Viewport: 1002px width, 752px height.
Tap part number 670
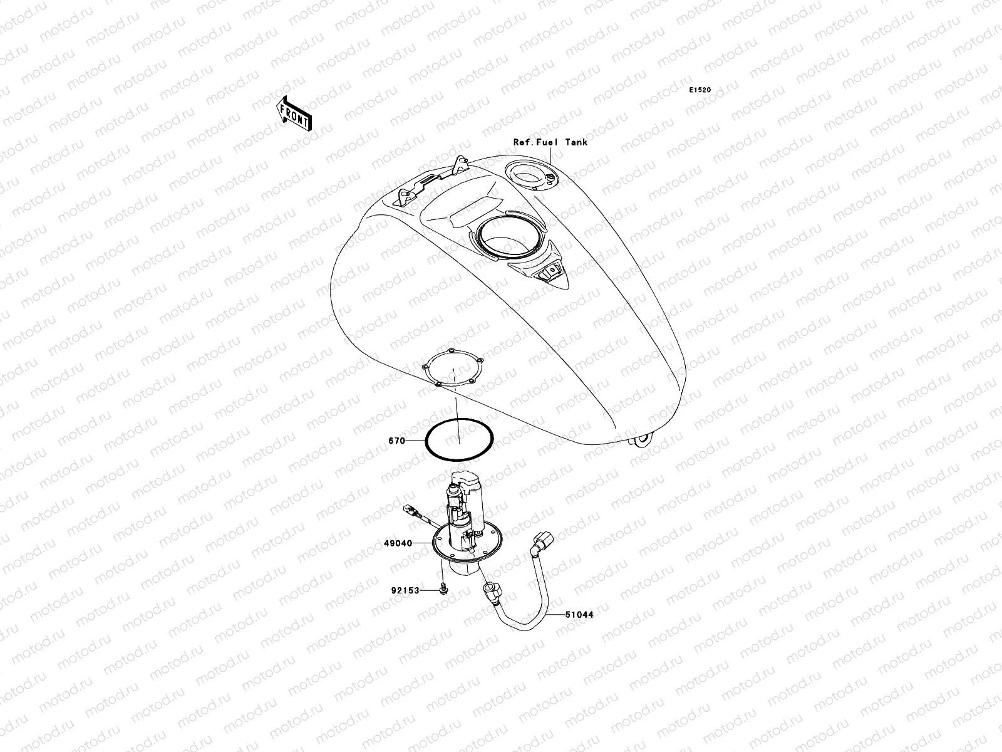pyautogui.click(x=396, y=441)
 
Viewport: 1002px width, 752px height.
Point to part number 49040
pyautogui.click(x=399, y=543)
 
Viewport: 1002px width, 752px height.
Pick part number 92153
pyautogui.click(x=405, y=590)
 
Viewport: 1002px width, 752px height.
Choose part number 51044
pyautogui.click(x=579, y=615)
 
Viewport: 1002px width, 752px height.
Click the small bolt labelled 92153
pyautogui.click(x=443, y=590)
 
